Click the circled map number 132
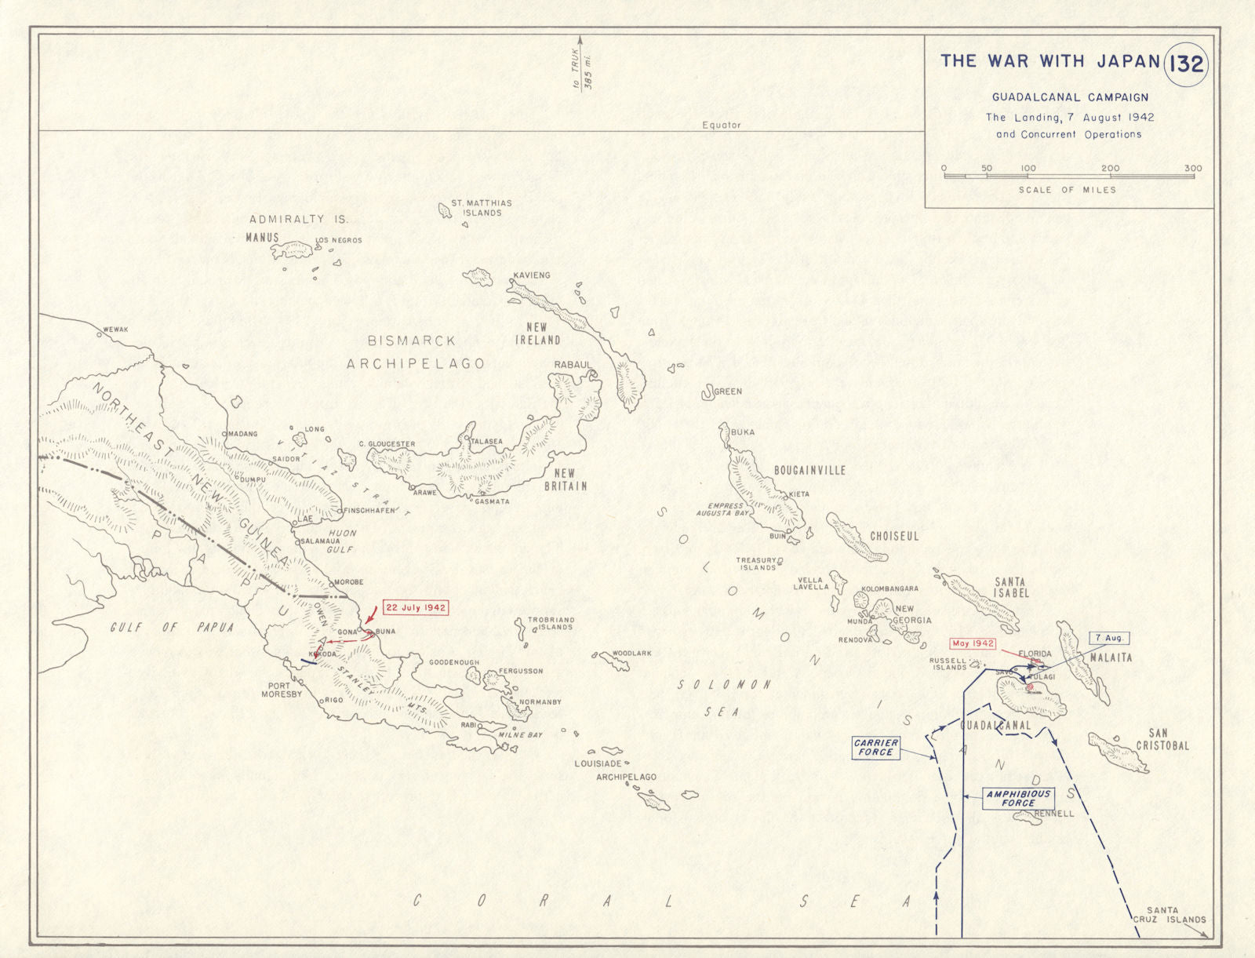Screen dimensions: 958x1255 [x=1186, y=64]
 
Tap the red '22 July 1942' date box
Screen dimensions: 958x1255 [x=415, y=608]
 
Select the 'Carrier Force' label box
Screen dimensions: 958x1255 [x=875, y=747]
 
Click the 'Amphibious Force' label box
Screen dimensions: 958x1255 [x=1018, y=798]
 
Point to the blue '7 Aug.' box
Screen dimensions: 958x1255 [x=1108, y=639]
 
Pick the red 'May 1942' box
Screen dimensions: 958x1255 [x=973, y=643]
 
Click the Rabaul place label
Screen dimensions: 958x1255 [x=573, y=365]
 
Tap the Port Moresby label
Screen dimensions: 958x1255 [x=281, y=690]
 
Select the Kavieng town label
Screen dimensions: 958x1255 [x=531, y=275]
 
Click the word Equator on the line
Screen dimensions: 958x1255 [x=721, y=125]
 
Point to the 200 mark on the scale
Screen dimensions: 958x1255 [x=1110, y=168]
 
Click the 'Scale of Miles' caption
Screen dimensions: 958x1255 [x=1067, y=190]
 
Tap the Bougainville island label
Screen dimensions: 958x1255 [x=809, y=470]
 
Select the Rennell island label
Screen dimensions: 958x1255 [x=1053, y=814]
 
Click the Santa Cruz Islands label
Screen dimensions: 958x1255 [x=1169, y=915]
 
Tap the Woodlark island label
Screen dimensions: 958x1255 [x=631, y=653]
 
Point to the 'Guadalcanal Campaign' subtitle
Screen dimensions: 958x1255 [x=1070, y=97]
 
